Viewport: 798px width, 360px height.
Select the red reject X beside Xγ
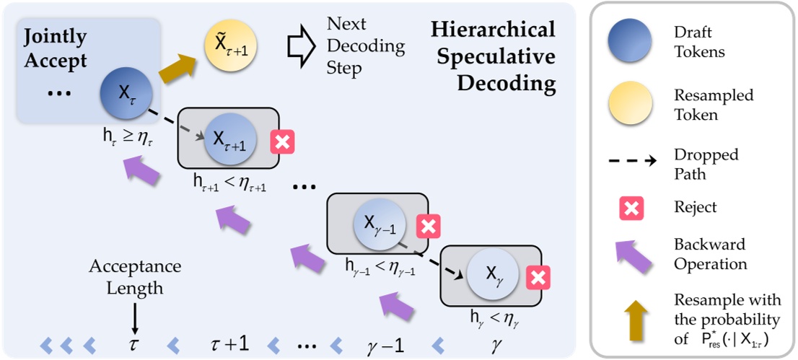(x=538, y=276)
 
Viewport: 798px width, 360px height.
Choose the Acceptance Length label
(x=136, y=277)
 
